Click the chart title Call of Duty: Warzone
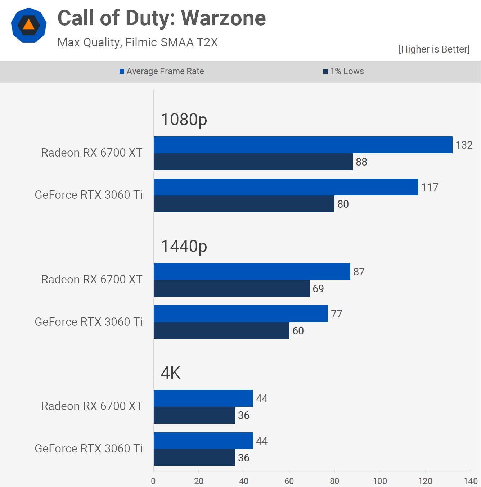point(162,18)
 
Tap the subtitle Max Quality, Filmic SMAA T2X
point(138,42)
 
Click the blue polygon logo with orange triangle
point(29,25)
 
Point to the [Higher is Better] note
point(434,49)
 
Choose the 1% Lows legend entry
point(343,71)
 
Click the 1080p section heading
point(184,120)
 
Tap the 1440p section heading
point(184,246)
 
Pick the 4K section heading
point(171,373)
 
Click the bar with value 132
point(303,145)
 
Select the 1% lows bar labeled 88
point(253,162)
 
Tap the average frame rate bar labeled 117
point(286,187)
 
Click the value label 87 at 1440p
point(359,272)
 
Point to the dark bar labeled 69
point(231,288)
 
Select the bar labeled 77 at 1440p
point(240,314)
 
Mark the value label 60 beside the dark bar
point(298,331)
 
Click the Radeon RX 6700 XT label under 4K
point(92,406)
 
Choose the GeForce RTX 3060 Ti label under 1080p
point(89,195)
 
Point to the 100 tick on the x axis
point(380,481)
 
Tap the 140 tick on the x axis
point(470,481)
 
